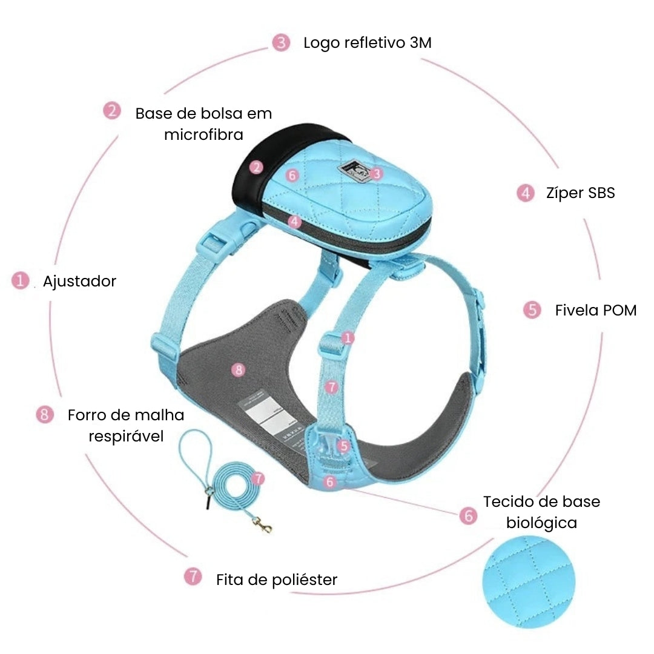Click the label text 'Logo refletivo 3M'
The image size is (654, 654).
tap(367, 43)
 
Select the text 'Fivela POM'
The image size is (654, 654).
tap(596, 311)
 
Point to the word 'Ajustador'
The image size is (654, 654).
tap(79, 282)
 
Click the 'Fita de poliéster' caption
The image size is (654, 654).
tap(276, 580)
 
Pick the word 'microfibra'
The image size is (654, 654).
tap(203, 134)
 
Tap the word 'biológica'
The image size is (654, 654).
tap(541, 523)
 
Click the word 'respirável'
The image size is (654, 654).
tap(126, 436)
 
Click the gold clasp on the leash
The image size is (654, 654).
tap(263, 526)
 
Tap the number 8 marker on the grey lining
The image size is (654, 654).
tap(239, 369)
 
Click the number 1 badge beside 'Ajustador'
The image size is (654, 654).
tap(21, 281)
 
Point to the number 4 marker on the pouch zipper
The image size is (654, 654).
tap(295, 222)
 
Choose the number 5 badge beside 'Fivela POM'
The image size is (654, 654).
tap(532, 310)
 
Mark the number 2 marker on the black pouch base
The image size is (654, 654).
tap(257, 168)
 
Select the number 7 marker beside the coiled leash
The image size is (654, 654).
tap(258, 478)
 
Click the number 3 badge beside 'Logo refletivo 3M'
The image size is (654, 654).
tap(280, 42)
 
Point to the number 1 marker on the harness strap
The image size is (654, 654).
tap(347, 339)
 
